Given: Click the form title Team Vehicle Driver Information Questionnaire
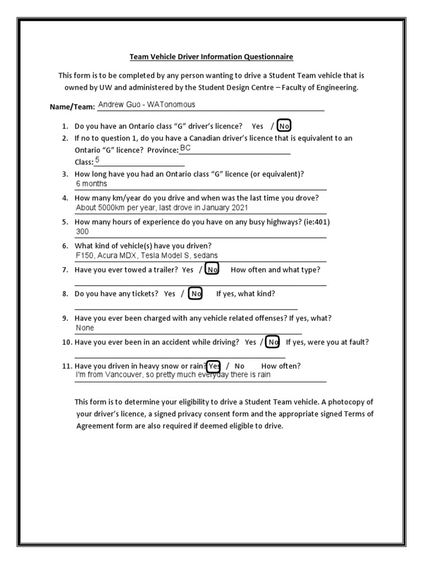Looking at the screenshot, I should (211, 57).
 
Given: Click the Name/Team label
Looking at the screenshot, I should (73, 107).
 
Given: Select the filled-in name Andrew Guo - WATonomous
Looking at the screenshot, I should (147, 105).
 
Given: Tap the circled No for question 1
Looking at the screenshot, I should (284, 126).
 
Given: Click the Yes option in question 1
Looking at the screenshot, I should (257, 126).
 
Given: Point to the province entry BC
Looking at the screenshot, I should (185, 149).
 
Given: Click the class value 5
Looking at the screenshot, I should (97, 160).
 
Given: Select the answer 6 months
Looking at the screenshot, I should (91, 184).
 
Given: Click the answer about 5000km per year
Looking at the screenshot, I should (162, 208).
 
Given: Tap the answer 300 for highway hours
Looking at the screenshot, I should (82, 232).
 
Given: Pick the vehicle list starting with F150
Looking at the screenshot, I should (147, 256).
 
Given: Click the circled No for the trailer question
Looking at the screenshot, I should (212, 269).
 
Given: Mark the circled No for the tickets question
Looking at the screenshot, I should (196, 294).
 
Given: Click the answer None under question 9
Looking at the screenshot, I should (85, 328).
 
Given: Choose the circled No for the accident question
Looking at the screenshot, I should (273, 342).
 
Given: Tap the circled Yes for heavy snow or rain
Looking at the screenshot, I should (214, 366).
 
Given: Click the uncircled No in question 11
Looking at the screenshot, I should (240, 366).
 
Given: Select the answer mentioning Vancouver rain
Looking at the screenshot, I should (173, 375).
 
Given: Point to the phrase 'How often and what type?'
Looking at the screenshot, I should (275, 269).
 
